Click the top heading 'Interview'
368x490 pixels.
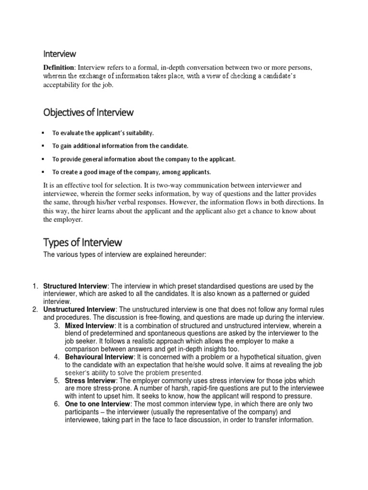pyautogui.click(x=59, y=54)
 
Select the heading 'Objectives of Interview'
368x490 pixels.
pyautogui.click(x=88, y=112)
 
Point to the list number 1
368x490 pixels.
pyautogui.click(x=35, y=286)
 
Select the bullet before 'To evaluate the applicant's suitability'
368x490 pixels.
pyautogui.click(x=44, y=133)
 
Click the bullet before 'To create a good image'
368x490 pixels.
pyautogui.click(x=44, y=171)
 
